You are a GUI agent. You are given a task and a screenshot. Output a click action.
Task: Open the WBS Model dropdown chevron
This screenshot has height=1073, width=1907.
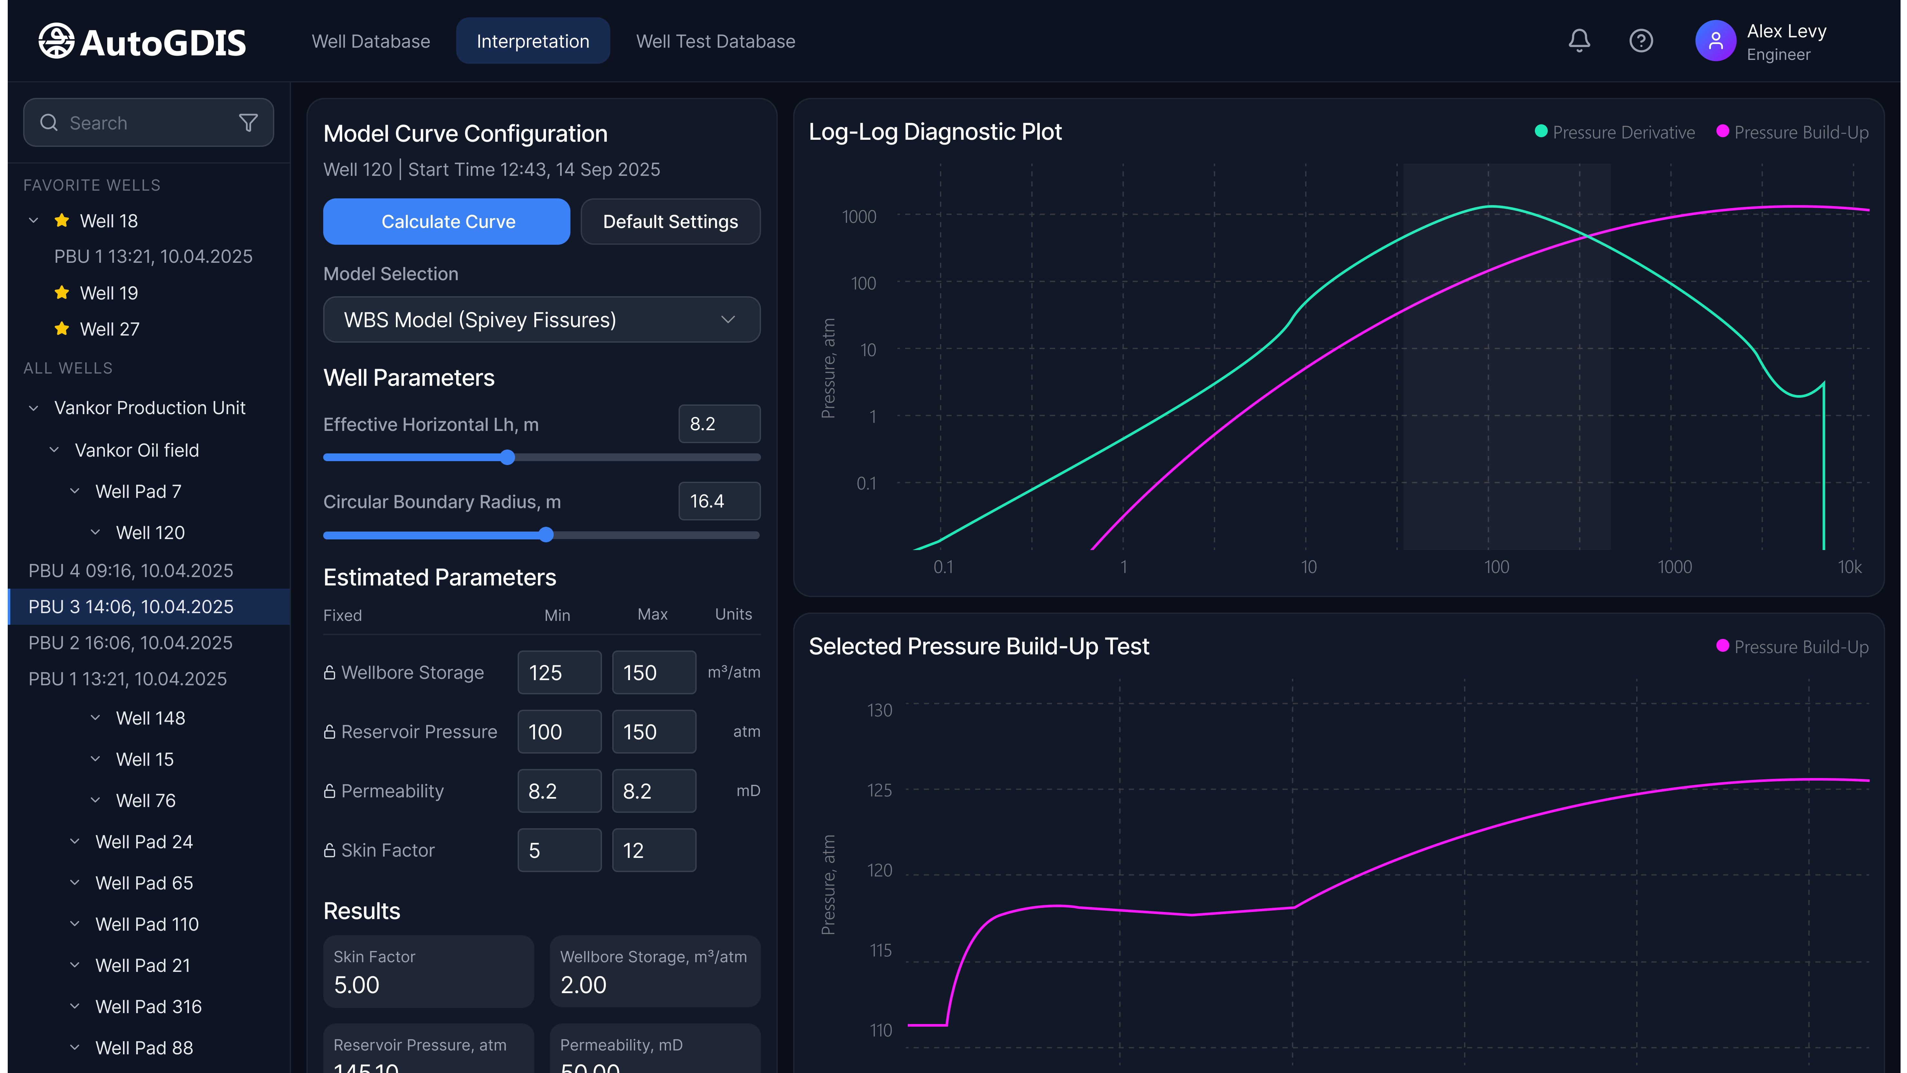(728, 320)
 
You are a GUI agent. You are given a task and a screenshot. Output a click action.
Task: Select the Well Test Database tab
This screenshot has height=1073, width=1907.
(715, 42)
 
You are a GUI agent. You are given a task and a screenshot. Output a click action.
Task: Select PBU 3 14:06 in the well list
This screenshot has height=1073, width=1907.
(131, 606)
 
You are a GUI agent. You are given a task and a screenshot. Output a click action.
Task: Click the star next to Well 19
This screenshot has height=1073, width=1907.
(62, 292)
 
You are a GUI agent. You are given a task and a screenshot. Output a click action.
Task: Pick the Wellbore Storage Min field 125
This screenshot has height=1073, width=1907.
(559, 672)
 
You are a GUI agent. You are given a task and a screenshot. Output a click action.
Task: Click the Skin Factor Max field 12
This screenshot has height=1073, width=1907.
(654, 850)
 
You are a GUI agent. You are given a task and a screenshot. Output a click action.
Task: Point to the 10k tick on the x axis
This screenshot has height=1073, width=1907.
(1849, 567)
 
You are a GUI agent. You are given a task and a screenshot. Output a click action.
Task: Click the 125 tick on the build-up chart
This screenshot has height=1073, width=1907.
(879, 790)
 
